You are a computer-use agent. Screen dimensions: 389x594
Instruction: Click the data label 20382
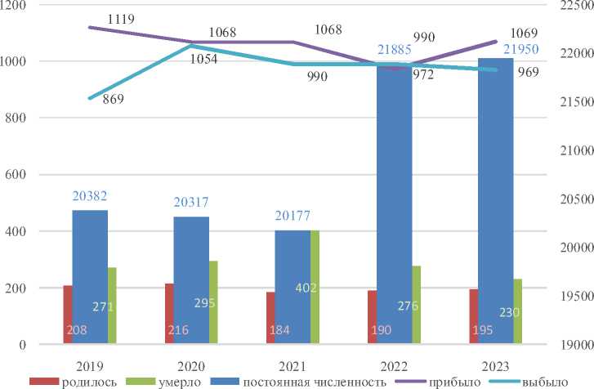tap(90, 197)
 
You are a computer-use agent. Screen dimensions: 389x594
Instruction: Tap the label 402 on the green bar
tap(306, 288)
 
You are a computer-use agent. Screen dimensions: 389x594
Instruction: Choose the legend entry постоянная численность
tap(291, 381)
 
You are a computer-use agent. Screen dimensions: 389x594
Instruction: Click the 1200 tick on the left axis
tap(15, 6)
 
